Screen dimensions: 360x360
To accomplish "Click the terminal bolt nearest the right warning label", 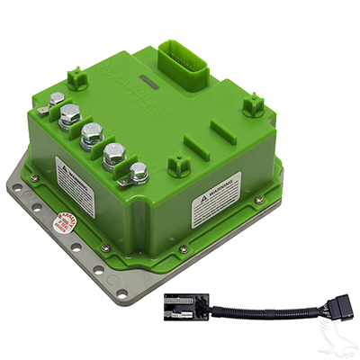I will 138,173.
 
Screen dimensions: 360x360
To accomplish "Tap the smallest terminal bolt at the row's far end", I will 57,99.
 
